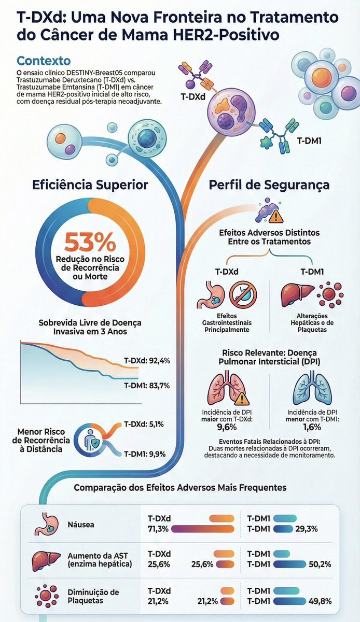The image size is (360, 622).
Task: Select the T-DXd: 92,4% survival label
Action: (x=147, y=360)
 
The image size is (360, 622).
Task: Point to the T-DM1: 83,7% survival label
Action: (x=147, y=386)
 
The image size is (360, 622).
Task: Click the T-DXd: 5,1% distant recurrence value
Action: (x=144, y=424)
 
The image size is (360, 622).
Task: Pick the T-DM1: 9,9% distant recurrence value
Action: (x=144, y=454)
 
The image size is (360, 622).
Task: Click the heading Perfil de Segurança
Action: (x=269, y=185)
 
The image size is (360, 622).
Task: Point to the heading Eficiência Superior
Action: (x=90, y=185)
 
